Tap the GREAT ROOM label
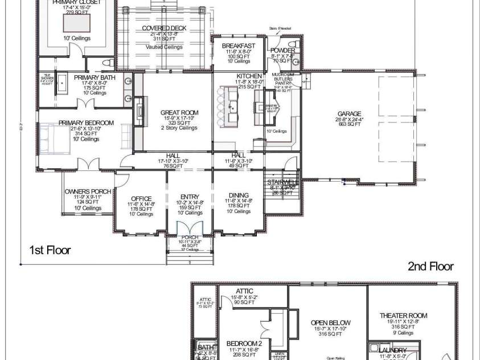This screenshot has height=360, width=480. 179,113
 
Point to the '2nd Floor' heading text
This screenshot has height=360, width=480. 431,266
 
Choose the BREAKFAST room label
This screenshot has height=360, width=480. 238,46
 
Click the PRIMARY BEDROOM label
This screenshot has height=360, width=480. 86,122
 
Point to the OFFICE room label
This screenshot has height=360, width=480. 141,199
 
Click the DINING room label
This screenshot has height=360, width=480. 239,195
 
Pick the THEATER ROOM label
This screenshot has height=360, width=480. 403,316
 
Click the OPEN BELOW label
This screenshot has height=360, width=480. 331,323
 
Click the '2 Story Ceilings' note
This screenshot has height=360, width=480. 179,128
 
